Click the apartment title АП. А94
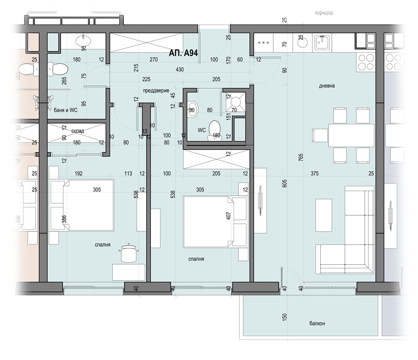(x=184, y=53)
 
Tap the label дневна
(x=327, y=86)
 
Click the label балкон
(x=317, y=324)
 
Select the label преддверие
(x=156, y=91)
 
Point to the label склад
(x=78, y=131)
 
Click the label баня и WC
(x=66, y=110)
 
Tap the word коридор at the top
(x=324, y=13)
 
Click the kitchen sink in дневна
(x=322, y=42)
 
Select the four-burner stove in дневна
(x=366, y=62)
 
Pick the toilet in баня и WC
(x=58, y=69)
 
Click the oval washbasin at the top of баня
(x=83, y=41)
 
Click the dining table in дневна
(x=351, y=135)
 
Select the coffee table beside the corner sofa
(x=324, y=215)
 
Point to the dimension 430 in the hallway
(x=180, y=69)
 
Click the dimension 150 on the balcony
(x=284, y=317)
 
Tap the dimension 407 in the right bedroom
(x=229, y=216)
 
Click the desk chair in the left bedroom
(x=129, y=253)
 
